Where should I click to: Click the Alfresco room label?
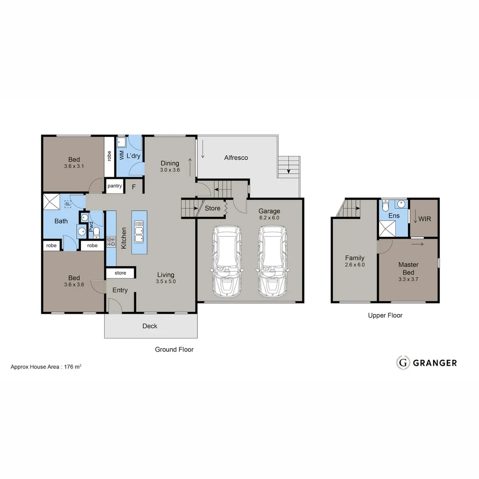[236, 157]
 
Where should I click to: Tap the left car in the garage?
[227, 261]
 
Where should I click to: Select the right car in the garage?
[272, 261]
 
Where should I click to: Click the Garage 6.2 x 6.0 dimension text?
[269, 218]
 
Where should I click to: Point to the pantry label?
[114, 186]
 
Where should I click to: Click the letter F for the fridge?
[133, 187]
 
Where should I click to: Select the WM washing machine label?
[122, 155]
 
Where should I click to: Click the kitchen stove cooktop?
[111, 242]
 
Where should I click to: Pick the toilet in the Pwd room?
[96, 232]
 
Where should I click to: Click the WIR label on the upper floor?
[424, 219]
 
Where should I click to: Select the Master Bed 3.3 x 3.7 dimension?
[408, 279]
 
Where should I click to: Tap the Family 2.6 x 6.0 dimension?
[355, 265]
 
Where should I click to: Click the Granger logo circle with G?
[403, 362]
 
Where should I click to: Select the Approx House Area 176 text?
[46, 367]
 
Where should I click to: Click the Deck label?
[150, 326]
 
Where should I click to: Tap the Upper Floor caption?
[385, 315]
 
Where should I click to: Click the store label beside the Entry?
[120, 273]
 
